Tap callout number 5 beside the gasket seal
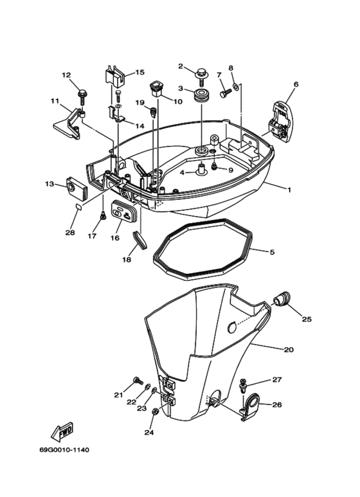pos(272,253)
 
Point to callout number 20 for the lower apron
pos(288,349)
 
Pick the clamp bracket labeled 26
pos(251,406)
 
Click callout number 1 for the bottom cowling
pos(289,190)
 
